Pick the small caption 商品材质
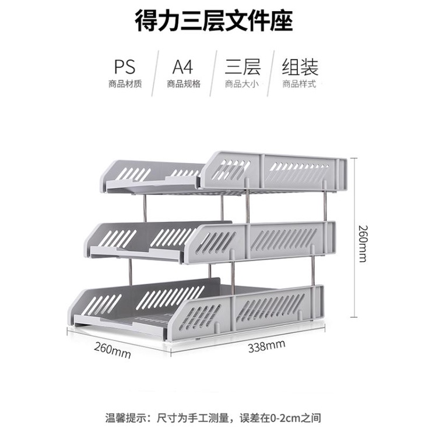(125, 84)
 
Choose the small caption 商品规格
(183, 84)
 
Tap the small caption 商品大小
(241, 84)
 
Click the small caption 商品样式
(299, 84)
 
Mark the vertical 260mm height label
(363, 243)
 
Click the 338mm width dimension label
(266, 347)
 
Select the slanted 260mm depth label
(113, 350)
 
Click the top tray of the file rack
(227, 173)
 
